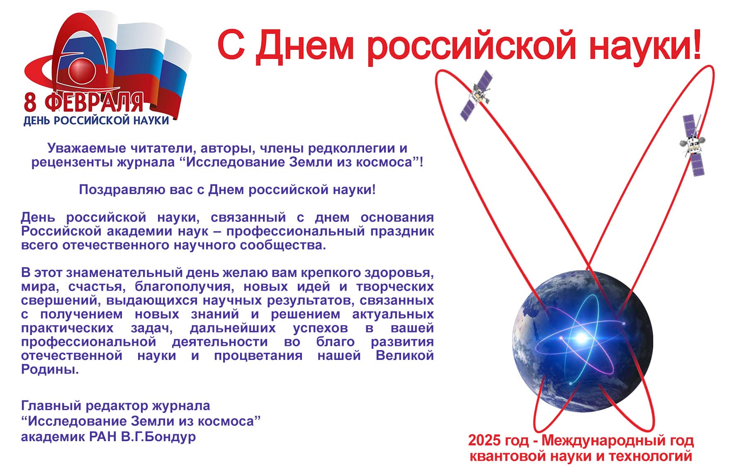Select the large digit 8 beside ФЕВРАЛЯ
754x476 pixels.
[x=30, y=102]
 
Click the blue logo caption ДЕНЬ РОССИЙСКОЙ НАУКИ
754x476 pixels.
[x=96, y=120]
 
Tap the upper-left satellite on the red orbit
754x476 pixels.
[x=476, y=95]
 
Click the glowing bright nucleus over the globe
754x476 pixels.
[x=582, y=338]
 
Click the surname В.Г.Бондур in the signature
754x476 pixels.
[x=158, y=437]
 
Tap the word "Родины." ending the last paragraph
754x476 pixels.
[x=50, y=369]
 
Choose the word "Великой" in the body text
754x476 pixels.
[x=405, y=355]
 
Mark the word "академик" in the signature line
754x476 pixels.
[x=54, y=437]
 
